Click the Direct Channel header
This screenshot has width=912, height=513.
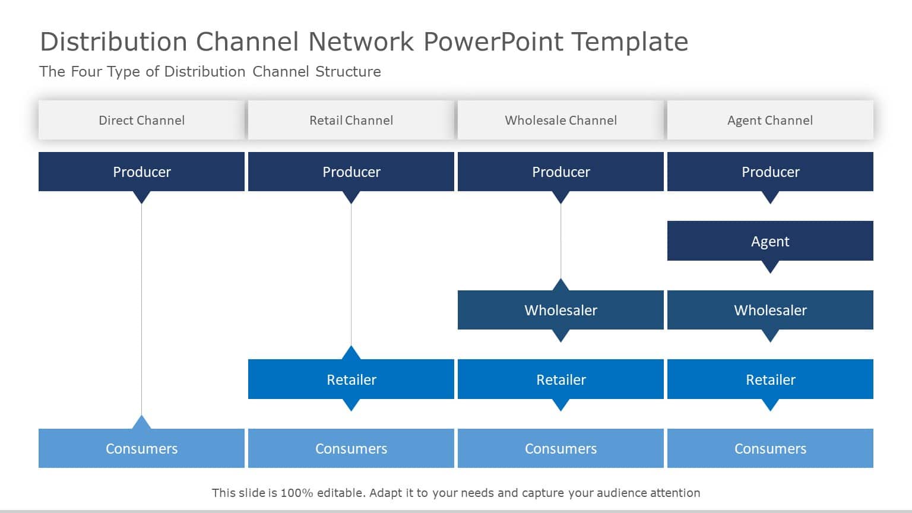coord(141,120)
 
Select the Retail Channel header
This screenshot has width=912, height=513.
coord(351,120)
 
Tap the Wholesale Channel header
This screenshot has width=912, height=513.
coord(560,120)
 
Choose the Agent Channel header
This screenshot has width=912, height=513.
coord(770,120)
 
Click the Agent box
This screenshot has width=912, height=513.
coord(770,241)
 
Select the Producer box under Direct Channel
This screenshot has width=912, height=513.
coord(141,172)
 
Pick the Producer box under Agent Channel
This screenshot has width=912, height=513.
coord(770,172)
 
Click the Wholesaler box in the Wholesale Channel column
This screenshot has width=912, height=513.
coord(560,310)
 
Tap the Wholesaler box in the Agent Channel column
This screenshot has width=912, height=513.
coord(770,310)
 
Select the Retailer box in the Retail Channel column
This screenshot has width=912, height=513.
coord(351,379)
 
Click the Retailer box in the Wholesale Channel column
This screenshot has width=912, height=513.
coord(560,379)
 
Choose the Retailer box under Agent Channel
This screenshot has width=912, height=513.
coord(770,379)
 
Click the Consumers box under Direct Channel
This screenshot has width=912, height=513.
coord(141,448)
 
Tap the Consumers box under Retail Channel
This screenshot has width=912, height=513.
coord(351,448)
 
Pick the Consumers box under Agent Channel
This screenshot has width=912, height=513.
coord(770,448)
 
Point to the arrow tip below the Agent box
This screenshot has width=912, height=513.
coord(770,268)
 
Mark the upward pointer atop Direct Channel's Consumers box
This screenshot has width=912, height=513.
coord(141,422)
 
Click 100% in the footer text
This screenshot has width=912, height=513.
coord(297,493)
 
